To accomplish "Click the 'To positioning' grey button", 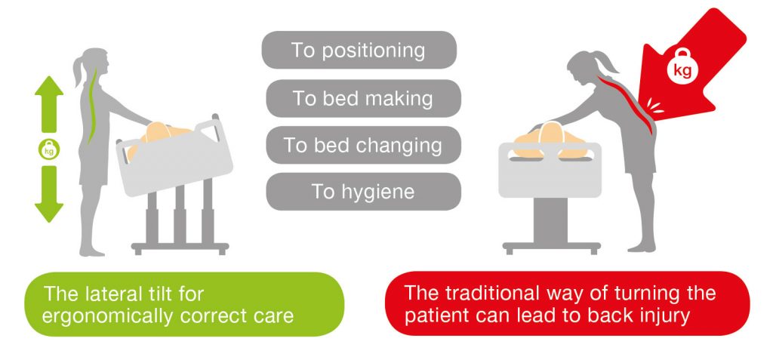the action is [359, 50].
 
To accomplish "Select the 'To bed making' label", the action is [363, 98].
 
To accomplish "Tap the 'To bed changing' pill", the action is [363, 145].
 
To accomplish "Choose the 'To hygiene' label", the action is [363, 192].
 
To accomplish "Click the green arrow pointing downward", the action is [49, 194].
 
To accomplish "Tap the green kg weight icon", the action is [49, 149].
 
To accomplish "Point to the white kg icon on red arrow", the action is [682, 68].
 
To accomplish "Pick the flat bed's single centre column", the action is [550, 220].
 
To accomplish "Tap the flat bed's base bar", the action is [551, 246].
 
